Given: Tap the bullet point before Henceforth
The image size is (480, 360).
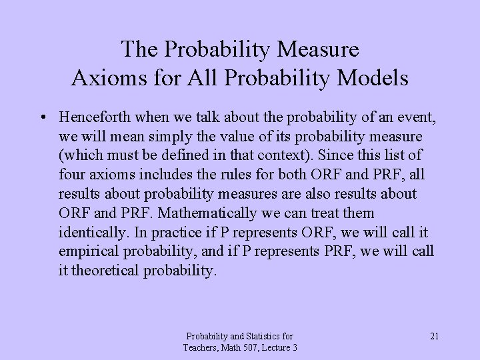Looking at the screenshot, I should [42, 118].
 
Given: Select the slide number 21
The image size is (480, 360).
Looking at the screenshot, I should [434, 336].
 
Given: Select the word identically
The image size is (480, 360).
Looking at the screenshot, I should [89, 233].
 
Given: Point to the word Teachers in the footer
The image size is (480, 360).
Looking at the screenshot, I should [201, 348].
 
